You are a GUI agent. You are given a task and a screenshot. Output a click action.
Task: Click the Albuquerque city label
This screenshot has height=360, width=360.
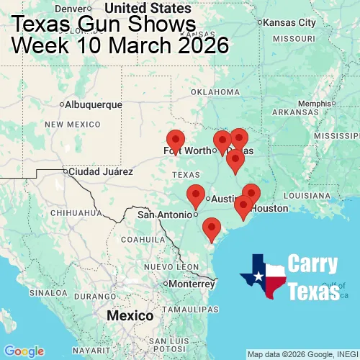(94, 104)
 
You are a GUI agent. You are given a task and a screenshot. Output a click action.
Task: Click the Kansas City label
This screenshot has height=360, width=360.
(289, 22)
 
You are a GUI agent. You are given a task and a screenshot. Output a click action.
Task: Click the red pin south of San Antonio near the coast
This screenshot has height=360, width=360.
(211, 229)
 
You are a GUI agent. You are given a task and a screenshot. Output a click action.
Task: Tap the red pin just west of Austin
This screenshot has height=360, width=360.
(195, 195)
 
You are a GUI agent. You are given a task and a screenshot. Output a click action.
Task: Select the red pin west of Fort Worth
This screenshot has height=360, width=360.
(175, 140)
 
